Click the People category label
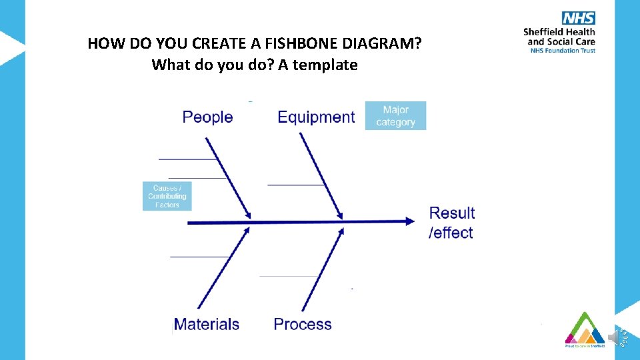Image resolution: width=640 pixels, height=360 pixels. point(207,117)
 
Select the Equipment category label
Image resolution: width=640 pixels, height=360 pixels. point(316,117)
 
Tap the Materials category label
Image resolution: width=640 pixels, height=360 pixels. point(206,325)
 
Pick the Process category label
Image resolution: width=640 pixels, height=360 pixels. point(303,325)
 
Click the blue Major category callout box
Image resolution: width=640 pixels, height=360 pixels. point(395,116)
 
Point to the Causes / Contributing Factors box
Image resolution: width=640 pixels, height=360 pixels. point(167,197)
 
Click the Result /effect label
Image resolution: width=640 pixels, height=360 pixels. point(451,223)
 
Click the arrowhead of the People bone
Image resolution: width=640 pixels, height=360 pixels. point(248,215)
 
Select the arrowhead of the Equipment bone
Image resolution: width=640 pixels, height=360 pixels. point(339,215)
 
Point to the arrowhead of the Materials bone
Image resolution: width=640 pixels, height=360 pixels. point(247,231)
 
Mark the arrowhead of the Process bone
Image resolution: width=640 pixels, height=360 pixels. point(341,231)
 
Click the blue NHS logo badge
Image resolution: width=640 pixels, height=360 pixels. point(578,19)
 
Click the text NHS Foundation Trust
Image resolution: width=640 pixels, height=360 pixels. point(562,50)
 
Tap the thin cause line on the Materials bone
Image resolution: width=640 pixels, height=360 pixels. point(199,257)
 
